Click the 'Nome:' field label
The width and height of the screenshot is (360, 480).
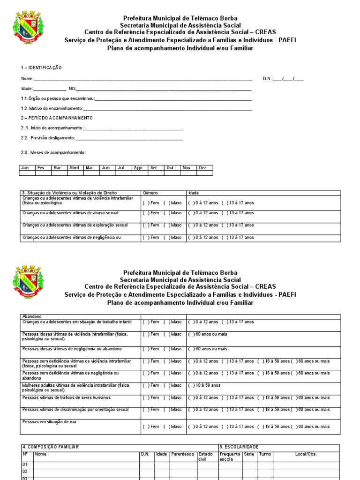27,79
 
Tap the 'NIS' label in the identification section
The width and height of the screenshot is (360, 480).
72,89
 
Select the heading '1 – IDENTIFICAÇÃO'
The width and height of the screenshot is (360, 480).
41,68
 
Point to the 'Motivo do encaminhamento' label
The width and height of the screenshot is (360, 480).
52,108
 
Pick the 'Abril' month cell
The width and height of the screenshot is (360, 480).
74,167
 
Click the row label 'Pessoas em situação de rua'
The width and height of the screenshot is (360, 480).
49,422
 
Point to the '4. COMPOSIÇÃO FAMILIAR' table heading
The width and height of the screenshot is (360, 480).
51,447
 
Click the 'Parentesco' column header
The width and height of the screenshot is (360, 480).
182,454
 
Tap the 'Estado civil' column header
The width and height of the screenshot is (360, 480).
205,457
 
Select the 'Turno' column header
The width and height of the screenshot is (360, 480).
265,454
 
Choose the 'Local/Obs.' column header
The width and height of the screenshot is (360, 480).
306,454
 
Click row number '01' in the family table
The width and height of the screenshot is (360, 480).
25,465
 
